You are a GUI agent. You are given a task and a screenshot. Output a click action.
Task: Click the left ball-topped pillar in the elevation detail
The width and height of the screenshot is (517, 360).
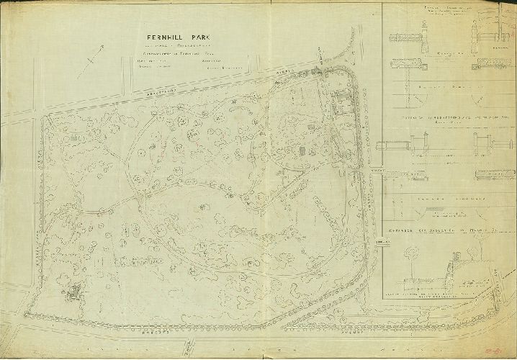[x=424, y=31]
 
